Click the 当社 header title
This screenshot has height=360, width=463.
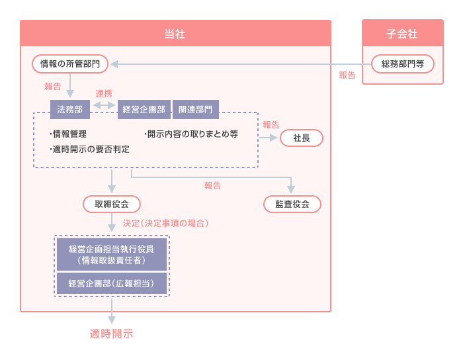tap(175, 34)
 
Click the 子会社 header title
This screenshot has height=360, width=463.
tap(402, 34)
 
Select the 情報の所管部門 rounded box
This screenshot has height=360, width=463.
tap(70, 64)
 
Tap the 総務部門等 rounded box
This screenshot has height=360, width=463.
tap(403, 64)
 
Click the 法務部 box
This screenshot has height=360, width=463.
tap(69, 109)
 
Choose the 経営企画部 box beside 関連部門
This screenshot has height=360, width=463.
tap(143, 109)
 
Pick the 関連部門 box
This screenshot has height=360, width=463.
tap(196, 109)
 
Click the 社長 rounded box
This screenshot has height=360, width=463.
tap(302, 138)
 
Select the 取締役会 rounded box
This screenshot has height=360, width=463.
tap(112, 204)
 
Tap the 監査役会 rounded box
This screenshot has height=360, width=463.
tap(292, 204)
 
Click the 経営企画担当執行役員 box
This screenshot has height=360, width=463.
tap(111, 255)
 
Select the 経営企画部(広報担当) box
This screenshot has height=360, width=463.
tap(111, 283)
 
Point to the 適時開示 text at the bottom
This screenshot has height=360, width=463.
tap(111, 334)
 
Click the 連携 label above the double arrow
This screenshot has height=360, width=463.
tap(104, 93)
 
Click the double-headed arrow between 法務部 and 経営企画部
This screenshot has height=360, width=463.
tap(104, 105)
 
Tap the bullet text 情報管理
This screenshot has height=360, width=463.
tap(69, 134)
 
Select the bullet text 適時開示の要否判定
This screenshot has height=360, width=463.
tap(90, 150)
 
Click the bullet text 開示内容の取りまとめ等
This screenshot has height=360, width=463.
tap(191, 134)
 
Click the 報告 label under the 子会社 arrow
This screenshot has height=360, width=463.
tap(347, 75)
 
